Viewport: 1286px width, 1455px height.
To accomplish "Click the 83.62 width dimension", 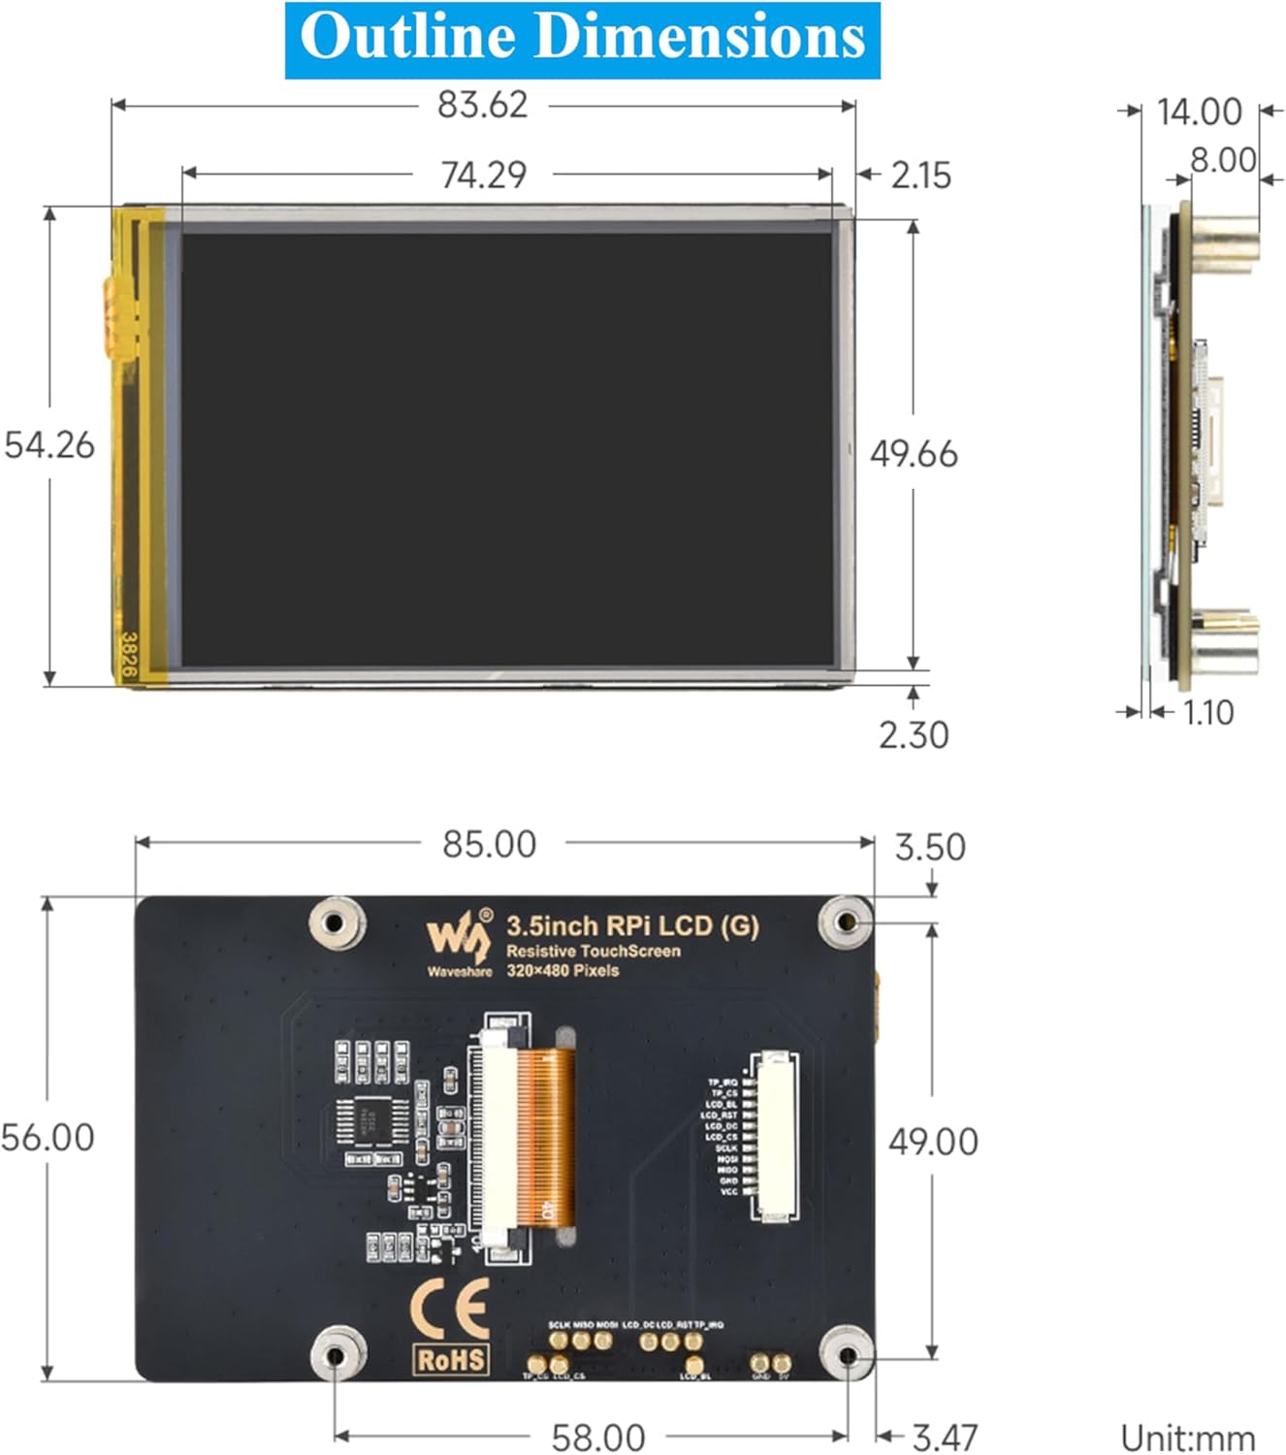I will coord(482,104).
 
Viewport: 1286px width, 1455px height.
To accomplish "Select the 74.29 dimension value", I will coord(483,175).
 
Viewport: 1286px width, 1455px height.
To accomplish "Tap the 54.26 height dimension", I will coord(49,445).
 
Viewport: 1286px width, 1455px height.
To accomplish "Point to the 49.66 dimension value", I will coord(913,454).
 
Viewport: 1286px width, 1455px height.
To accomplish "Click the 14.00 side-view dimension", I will coord(1199,112).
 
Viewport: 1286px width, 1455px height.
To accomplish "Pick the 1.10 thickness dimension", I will coord(1207,713).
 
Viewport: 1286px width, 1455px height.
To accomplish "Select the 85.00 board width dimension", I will coord(489,844).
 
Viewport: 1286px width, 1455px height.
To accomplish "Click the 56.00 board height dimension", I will coord(48,1137).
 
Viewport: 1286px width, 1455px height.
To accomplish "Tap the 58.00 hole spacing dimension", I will coord(597,1437).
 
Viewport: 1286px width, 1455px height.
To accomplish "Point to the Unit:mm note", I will coord(1187,1437).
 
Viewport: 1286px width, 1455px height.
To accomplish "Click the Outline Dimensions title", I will coord(582,39).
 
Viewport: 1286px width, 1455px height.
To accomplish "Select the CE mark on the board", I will coord(450,1309).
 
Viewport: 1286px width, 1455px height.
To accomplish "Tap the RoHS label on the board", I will coord(451,1360).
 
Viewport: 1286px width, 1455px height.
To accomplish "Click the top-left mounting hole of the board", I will coord(336,921).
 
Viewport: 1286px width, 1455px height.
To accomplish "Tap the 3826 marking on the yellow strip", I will coord(128,654).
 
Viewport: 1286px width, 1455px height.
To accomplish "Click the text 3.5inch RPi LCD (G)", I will coord(632,926).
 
